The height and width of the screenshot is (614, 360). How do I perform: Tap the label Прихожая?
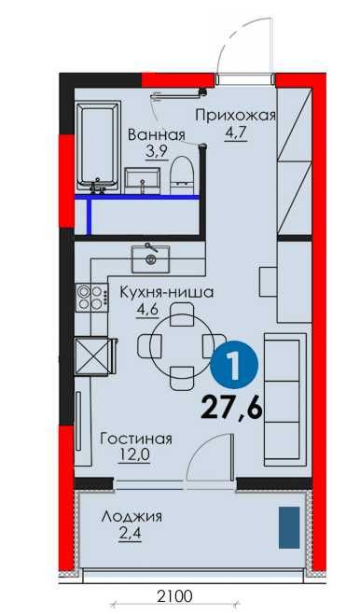point(236,116)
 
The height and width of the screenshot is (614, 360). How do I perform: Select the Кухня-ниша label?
point(167,292)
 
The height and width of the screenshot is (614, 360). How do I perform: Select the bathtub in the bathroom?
point(97,147)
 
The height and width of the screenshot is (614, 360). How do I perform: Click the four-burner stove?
point(90,298)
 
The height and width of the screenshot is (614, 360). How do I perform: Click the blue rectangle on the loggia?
point(288,526)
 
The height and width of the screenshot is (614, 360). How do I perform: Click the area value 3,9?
point(154,150)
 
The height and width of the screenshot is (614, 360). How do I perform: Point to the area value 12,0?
point(134,456)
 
